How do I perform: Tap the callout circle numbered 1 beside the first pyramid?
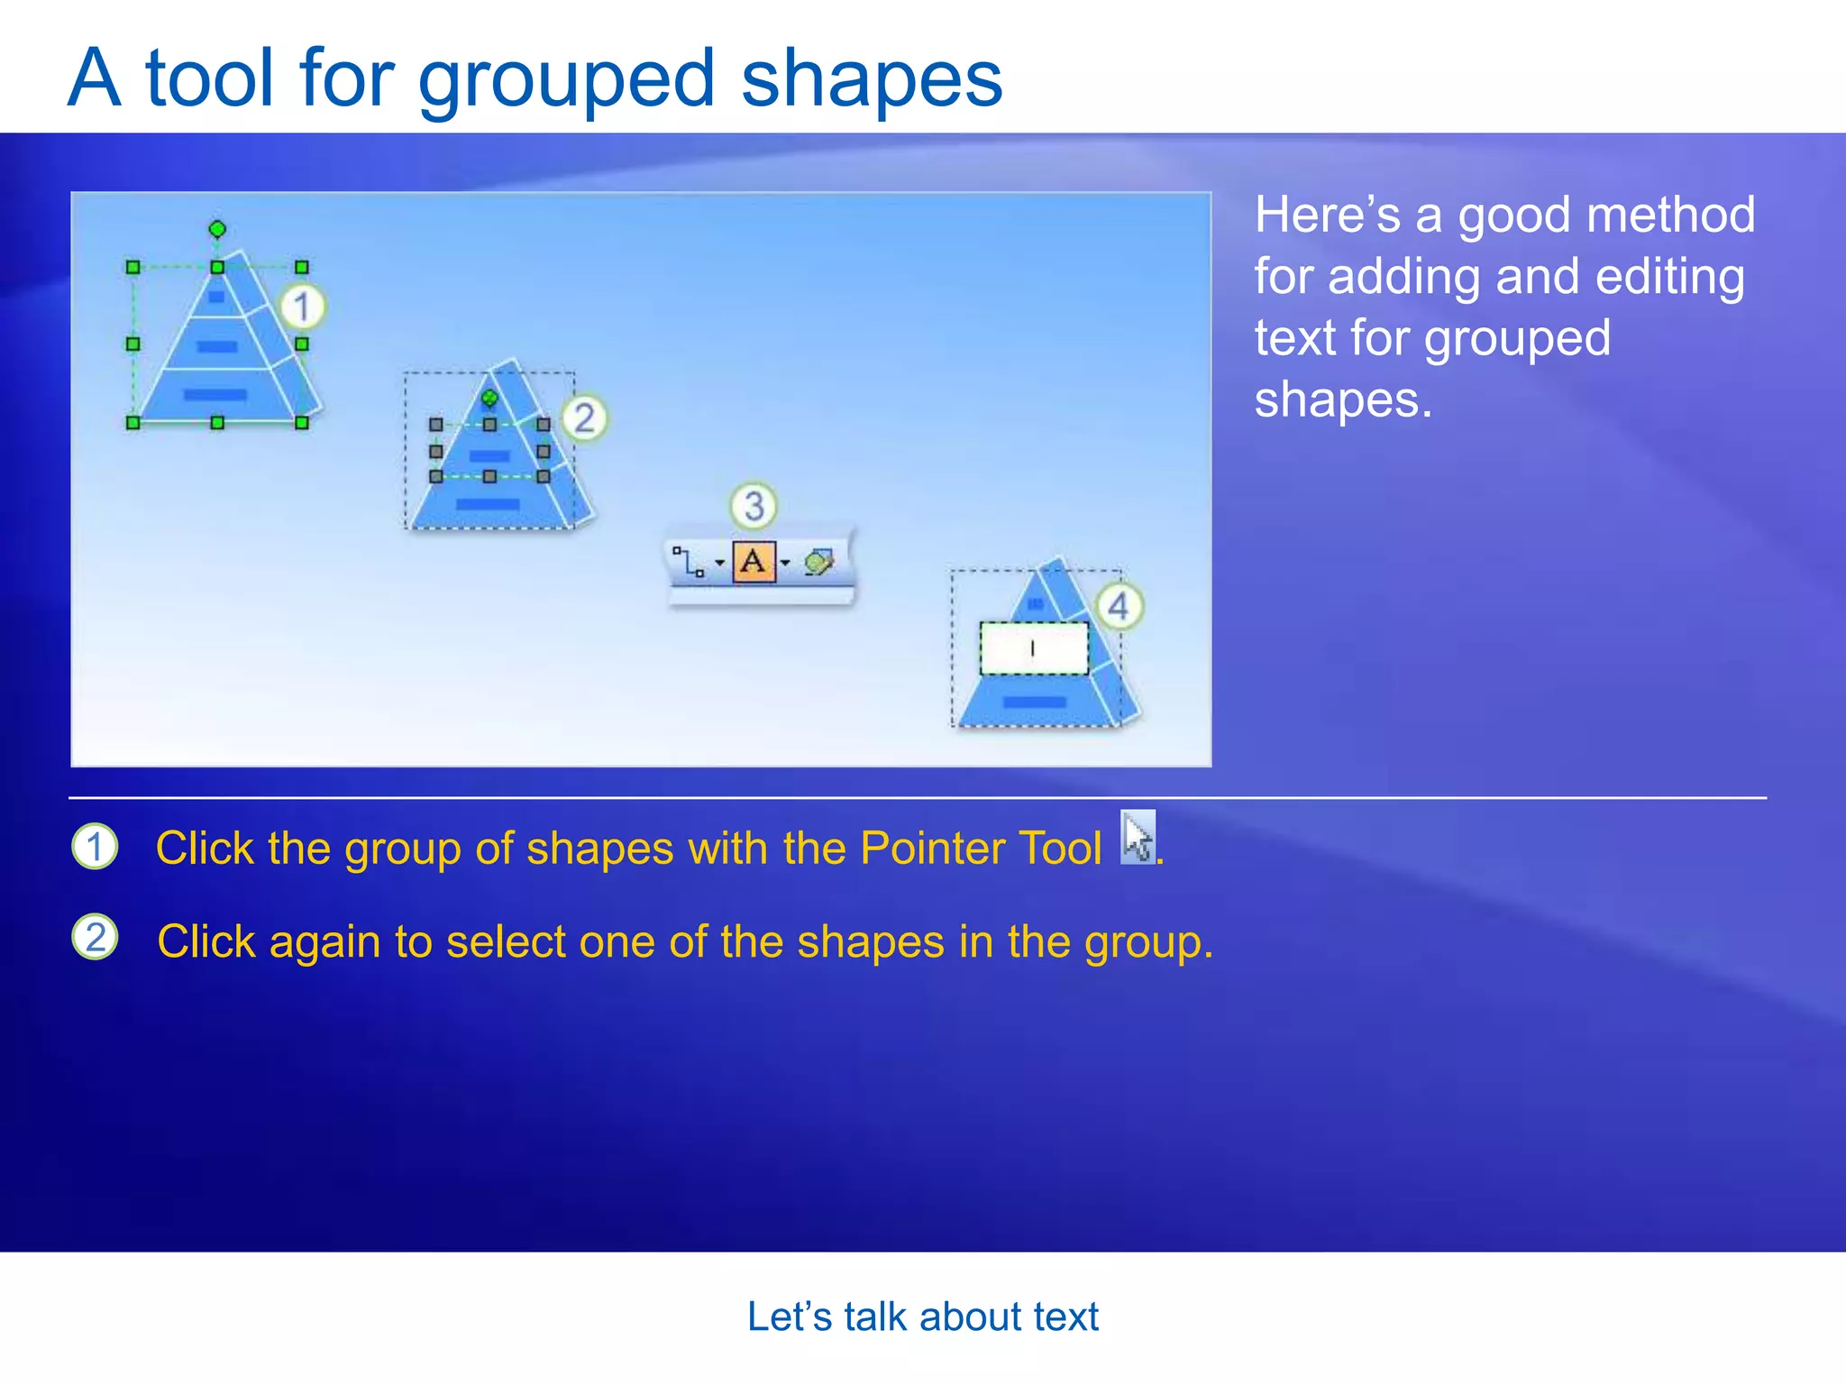pyautogui.click(x=302, y=307)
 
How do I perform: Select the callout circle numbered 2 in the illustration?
pyautogui.click(x=584, y=418)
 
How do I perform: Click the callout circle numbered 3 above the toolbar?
pyautogui.click(x=754, y=506)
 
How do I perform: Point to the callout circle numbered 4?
pyautogui.click(x=1119, y=606)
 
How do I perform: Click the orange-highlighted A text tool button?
pyautogui.click(x=754, y=563)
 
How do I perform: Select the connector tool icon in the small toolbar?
pyautogui.click(x=690, y=563)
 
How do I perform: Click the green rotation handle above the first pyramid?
pyautogui.click(x=217, y=229)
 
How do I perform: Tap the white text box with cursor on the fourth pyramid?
pyautogui.click(x=1034, y=647)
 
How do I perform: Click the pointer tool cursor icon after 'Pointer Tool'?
pyautogui.click(x=1138, y=839)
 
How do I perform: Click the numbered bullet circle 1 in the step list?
pyautogui.click(x=95, y=847)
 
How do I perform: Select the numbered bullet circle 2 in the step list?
pyautogui.click(x=95, y=937)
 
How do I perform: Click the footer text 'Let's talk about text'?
pyautogui.click(x=922, y=1316)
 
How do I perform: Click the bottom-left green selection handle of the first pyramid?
pyautogui.click(x=133, y=422)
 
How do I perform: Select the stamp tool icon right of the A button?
pyautogui.click(x=818, y=563)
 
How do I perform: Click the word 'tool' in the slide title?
pyautogui.click(x=209, y=79)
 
